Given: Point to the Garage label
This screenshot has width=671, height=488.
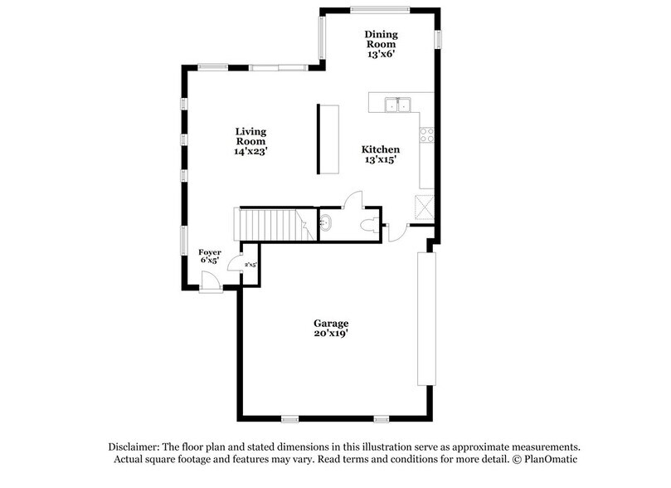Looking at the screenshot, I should (331, 323).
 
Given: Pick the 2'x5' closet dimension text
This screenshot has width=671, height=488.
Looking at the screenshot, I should (250, 264).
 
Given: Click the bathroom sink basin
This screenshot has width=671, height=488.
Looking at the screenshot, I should (326, 222).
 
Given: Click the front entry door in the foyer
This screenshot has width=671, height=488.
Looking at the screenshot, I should (211, 282).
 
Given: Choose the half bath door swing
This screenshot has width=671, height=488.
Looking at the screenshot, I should (354, 199).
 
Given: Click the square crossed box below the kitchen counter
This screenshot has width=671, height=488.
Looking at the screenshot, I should (425, 205).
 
